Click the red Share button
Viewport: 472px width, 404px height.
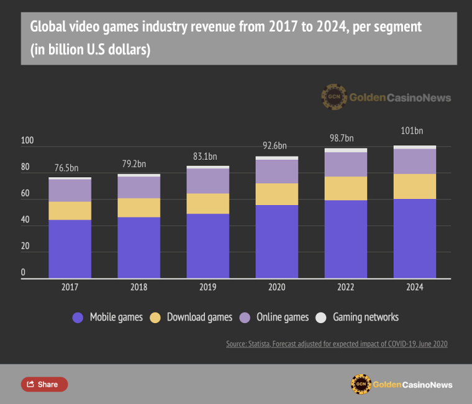(44, 384)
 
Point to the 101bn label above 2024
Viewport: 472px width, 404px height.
(411, 131)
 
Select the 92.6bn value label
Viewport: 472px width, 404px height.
(273, 146)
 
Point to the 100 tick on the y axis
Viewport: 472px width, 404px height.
(27, 141)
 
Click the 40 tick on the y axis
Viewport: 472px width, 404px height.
(25, 220)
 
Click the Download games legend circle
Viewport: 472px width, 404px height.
(155, 317)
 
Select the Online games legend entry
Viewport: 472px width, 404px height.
(278, 317)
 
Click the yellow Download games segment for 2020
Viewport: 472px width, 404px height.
(277, 194)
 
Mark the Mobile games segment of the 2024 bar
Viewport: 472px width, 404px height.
(415, 239)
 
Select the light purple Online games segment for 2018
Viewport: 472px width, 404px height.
(138, 188)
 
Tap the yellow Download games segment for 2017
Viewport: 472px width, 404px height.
(70, 211)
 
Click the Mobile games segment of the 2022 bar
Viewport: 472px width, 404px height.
(346, 239)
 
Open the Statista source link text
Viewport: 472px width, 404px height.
(337, 344)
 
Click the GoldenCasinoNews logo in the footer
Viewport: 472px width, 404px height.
(401, 384)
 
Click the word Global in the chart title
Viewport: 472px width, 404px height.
(47, 27)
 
